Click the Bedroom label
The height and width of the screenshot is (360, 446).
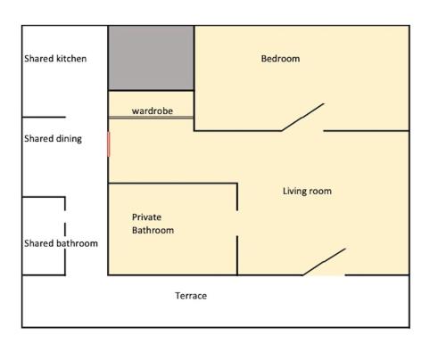(x=280, y=59)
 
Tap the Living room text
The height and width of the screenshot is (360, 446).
(x=307, y=191)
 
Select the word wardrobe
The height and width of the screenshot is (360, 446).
(x=153, y=110)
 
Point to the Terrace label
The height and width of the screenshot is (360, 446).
(x=191, y=296)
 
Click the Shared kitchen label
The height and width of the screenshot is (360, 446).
(x=55, y=59)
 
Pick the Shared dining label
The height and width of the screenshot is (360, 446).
(x=53, y=139)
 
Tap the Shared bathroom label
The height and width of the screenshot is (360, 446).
(x=61, y=243)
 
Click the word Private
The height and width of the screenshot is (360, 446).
(x=146, y=217)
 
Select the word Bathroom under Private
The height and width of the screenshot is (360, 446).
(x=153, y=230)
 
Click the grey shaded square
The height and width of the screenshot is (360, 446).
(x=151, y=58)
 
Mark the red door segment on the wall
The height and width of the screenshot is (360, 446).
(x=109, y=144)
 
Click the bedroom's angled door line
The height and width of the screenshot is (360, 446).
(x=302, y=117)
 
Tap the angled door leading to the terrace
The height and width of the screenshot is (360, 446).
(x=324, y=262)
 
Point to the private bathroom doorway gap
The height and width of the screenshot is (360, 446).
(x=237, y=223)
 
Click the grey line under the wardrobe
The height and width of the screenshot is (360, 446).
(x=151, y=118)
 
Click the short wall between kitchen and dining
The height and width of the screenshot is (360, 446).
(x=44, y=117)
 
